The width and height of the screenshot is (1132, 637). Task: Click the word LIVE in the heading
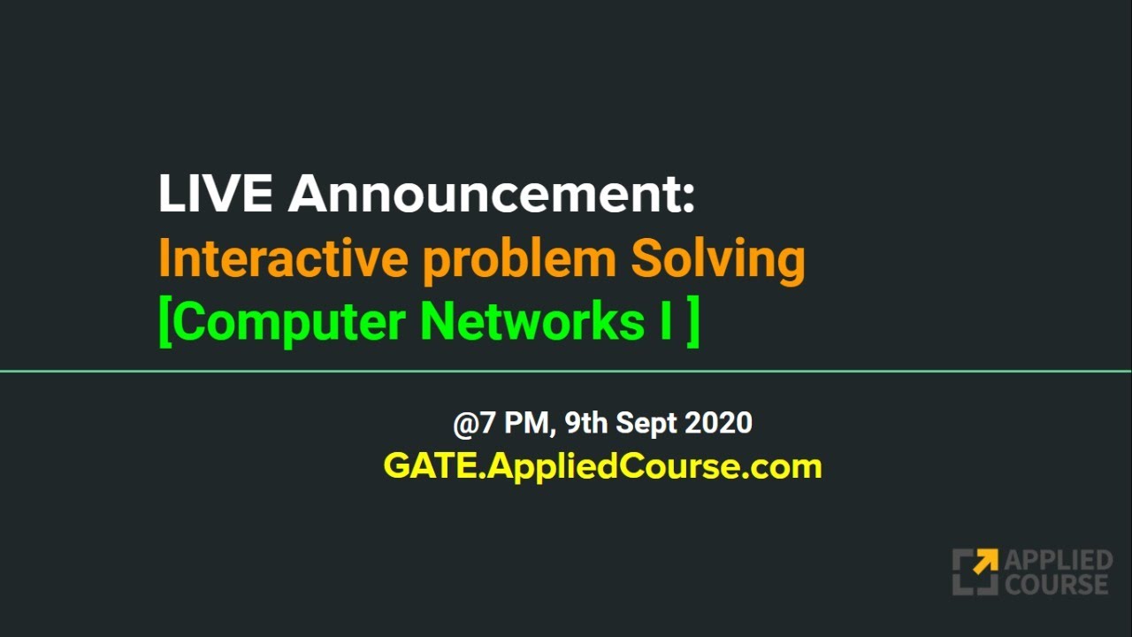[215, 194]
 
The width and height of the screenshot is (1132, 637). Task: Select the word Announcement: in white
[492, 194]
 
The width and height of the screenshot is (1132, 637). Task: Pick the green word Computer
[287, 323]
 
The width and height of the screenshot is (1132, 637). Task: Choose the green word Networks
[532, 322]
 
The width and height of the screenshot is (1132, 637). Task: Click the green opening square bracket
[164, 323]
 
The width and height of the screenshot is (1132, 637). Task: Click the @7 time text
[475, 424]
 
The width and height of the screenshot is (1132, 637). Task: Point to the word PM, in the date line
[530, 424]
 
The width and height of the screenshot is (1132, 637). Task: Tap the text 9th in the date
[586, 423]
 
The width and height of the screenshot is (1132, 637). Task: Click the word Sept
[646, 424]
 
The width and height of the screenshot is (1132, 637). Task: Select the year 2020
[718, 423]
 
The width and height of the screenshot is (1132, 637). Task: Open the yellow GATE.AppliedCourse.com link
[602, 466]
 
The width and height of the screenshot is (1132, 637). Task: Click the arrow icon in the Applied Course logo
[975, 572]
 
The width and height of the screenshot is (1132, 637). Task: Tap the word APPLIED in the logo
[1058, 561]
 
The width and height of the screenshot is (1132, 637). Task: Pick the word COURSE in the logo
[1056, 584]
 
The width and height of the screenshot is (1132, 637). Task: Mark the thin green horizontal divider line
[566, 372]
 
